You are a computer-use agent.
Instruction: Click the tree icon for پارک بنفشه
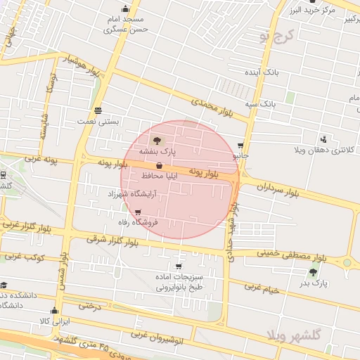156,141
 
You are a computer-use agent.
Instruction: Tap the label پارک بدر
314,283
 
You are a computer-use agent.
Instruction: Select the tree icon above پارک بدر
313,272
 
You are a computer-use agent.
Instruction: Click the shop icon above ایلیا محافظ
160,165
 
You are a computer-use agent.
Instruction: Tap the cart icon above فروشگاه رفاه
138,212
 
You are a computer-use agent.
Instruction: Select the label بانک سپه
259,104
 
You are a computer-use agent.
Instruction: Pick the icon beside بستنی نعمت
98,110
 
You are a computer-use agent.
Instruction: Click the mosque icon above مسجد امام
125,9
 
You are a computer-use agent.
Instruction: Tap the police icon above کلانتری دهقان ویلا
323,139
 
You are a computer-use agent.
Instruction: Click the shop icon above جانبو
240,145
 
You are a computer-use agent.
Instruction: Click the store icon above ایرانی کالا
54,310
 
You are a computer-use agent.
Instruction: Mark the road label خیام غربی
262,288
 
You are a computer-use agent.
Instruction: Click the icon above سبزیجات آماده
179,266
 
